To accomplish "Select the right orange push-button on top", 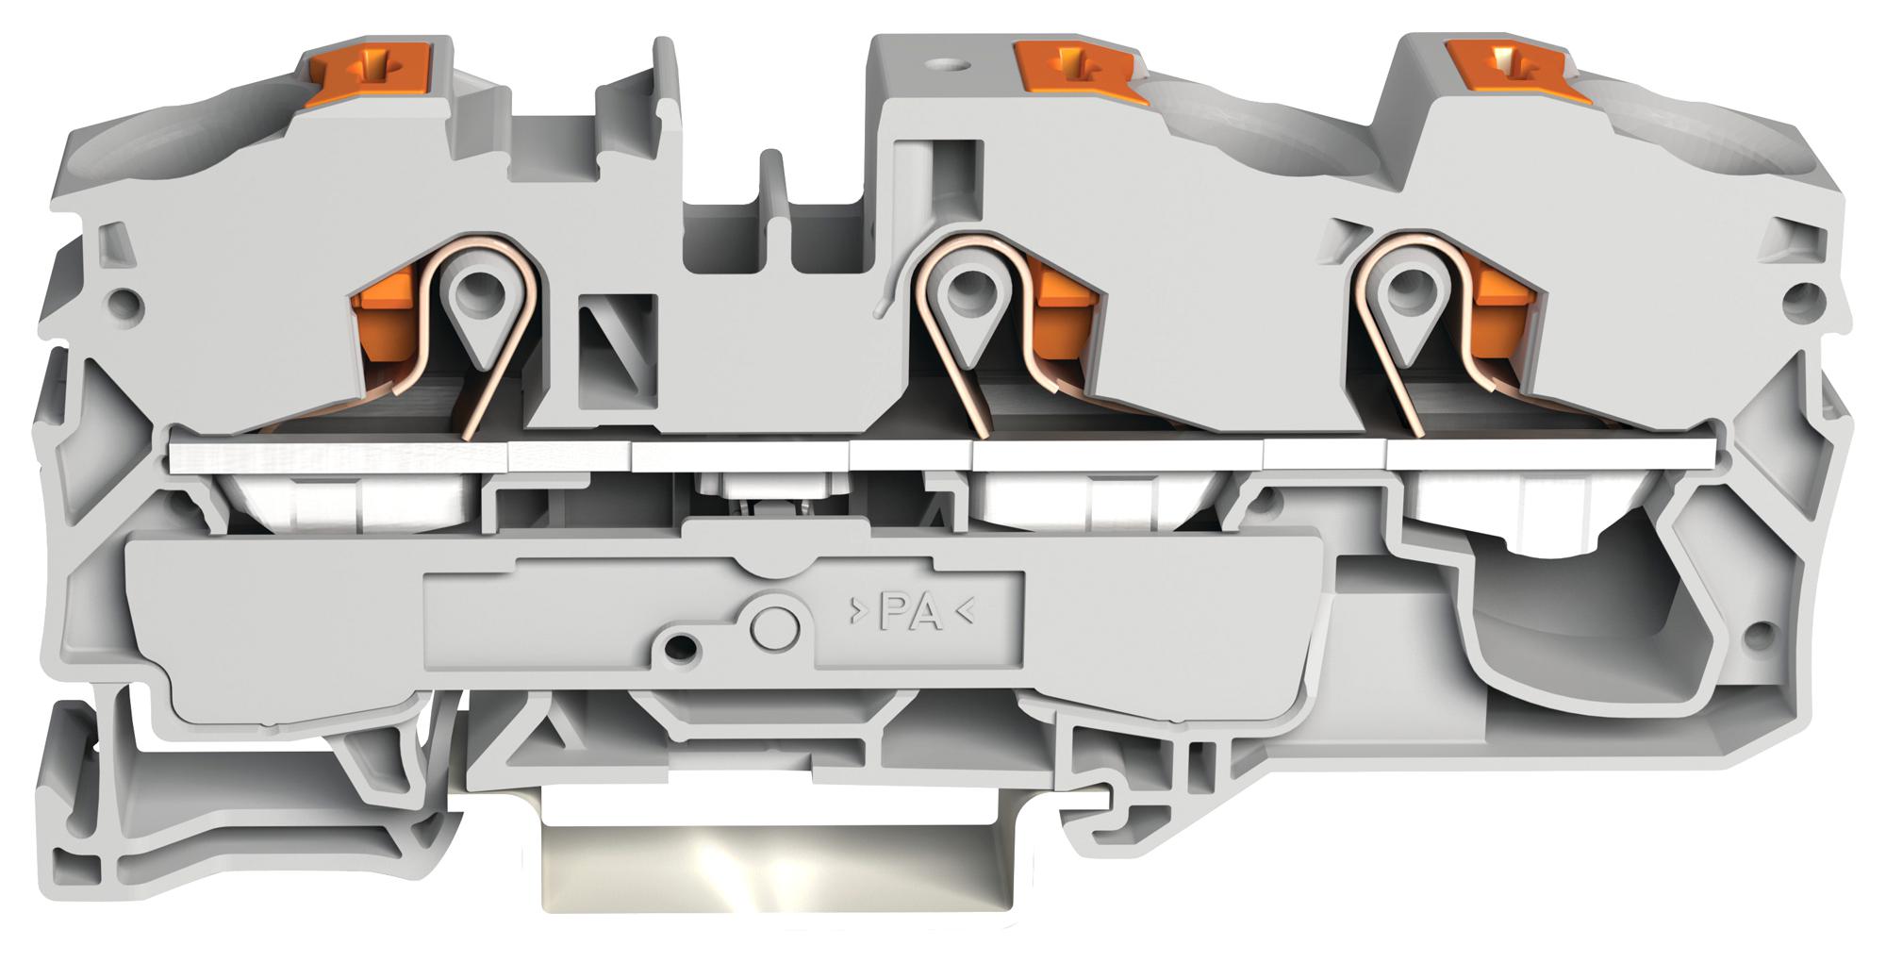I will point(1506,72).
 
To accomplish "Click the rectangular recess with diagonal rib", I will point(618,349).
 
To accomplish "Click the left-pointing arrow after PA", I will point(965,612).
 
